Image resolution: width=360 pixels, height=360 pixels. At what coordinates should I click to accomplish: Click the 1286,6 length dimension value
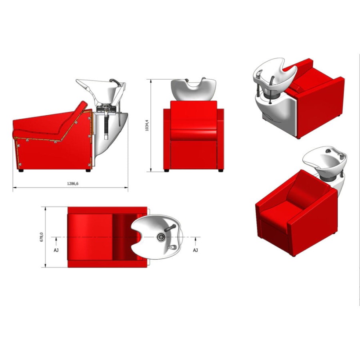[x=72, y=184]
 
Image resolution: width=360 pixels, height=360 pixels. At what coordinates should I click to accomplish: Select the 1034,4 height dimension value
[x=147, y=125]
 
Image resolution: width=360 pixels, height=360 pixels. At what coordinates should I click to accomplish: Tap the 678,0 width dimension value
[x=42, y=237]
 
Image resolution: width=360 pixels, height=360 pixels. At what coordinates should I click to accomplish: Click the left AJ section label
[x=56, y=250]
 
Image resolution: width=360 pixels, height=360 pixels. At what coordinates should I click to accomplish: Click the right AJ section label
[x=195, y=250]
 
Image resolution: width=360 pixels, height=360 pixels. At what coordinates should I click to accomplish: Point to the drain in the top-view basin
[x=161, y=237]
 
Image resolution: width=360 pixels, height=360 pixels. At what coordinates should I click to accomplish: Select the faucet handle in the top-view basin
[x=170, y=228]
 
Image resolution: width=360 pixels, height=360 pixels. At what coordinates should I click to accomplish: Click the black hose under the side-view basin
[x=106, y=126]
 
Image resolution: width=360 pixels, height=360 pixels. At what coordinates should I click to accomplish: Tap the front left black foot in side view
[x=21, y=170]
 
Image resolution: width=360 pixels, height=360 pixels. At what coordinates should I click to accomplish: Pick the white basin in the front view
[x=194, y=90]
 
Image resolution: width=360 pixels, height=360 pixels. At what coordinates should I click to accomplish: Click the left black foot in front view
[x=166, y=170]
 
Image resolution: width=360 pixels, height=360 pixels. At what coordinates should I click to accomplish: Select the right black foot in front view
[x=221, y=170]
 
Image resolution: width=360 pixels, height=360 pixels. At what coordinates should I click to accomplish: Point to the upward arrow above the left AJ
[x=56, y=242]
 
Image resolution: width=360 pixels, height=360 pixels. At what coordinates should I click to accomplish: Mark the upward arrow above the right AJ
[x=195, y=242]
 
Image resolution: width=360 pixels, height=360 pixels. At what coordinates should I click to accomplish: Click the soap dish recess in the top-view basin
[x=172, y=247]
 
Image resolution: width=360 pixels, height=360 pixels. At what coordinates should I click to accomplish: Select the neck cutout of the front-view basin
[x=194, y=84]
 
